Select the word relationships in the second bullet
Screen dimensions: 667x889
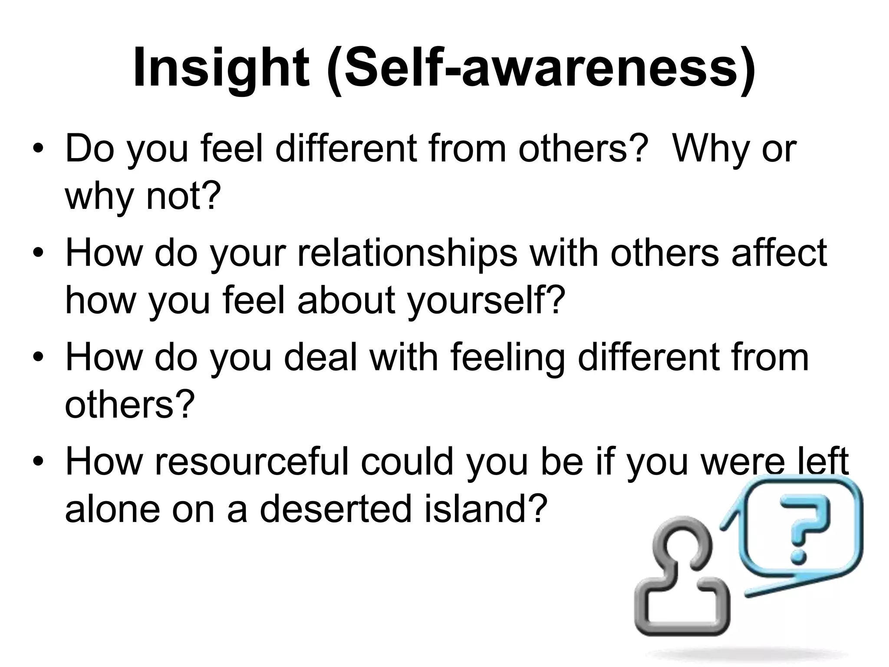(x=407, y=253)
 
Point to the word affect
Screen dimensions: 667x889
(x=780, y=253)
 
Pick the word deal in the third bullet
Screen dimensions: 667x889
(x=320, y=357)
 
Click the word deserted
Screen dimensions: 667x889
(x=335, y=509)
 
